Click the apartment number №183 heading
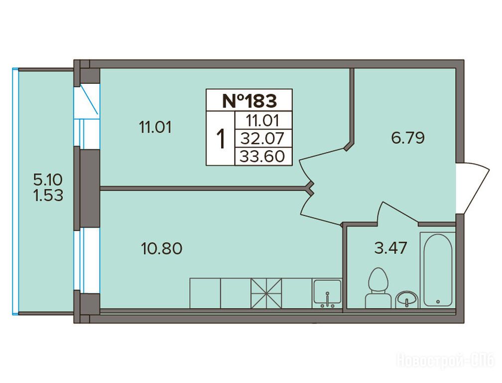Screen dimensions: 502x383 click(249, 100)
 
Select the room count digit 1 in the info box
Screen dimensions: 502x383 click(220, 139)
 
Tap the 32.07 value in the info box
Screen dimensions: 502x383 click(262, 139)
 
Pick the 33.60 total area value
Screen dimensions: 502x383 click(262, 157)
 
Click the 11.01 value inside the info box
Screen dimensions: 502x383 click(262, 121)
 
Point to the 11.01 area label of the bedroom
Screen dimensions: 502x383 click(155, 127)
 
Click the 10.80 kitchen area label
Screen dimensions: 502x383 click(161, 248)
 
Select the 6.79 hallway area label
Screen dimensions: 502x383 click(407, 138)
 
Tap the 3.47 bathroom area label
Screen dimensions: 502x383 click(390, 248)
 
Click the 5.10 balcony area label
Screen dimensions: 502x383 click(48, 180)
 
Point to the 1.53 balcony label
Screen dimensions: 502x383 click(48, 195)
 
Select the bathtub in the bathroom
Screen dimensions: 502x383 click(438, 270)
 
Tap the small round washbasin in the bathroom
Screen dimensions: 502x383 click(406, 300)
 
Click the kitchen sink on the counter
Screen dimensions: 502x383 click(327, 293)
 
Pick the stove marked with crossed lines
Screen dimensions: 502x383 click(267, 293)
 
